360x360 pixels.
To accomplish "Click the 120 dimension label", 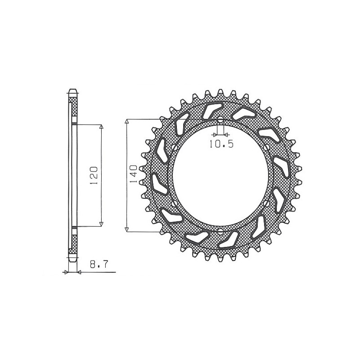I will click(94, 175).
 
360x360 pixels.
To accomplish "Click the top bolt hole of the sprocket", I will click(220, 120).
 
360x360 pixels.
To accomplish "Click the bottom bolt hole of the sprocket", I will click(220, 232).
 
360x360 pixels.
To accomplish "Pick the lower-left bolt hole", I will click(173, 204).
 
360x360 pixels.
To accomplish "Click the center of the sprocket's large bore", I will click(220, 176).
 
